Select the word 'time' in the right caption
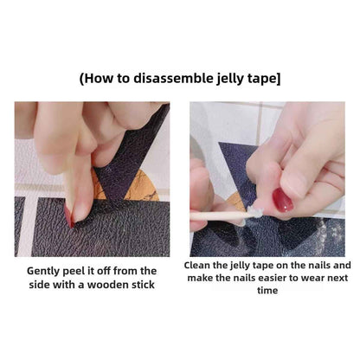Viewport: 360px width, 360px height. pos(266,292)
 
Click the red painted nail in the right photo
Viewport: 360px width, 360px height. pos(283,201)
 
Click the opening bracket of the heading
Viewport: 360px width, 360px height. pos(82,79)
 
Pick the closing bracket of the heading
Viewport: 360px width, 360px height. pos(278,79)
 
